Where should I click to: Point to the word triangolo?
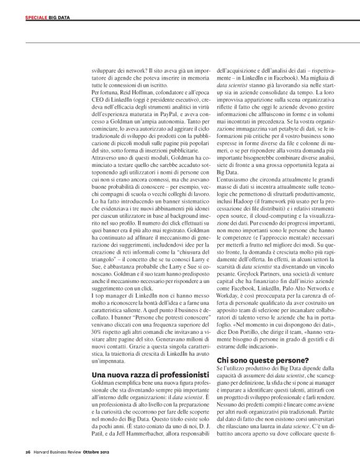point(103,259)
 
